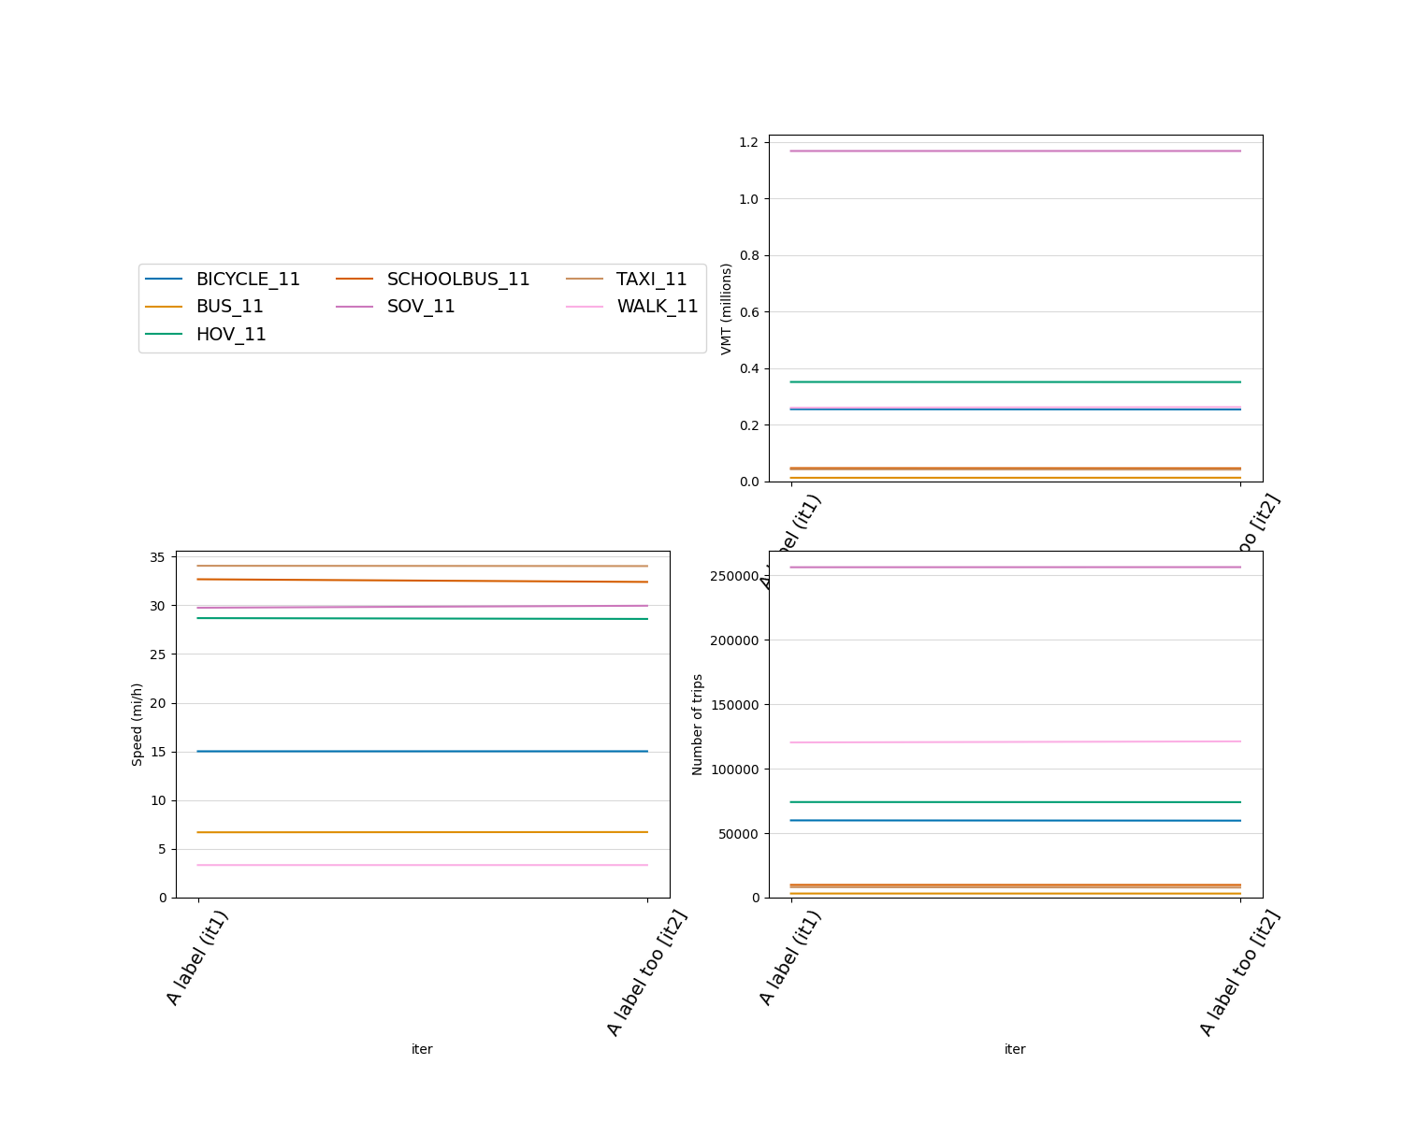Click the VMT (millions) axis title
coord(726,309)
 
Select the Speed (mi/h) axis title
coord(137,725)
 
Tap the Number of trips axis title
coord(698,725)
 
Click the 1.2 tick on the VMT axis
coord(748,142)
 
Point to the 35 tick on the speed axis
coord(157,557)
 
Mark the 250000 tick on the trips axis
coord(734,576)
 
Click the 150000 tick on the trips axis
coord(734,705)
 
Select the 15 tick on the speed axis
coord(157,752)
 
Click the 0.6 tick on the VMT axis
coord(748,312)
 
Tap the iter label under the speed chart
coord(422,1049)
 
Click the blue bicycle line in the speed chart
coord(422,751)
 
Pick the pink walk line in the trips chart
coord(1016,742)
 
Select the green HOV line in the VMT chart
coord(1016,381)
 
